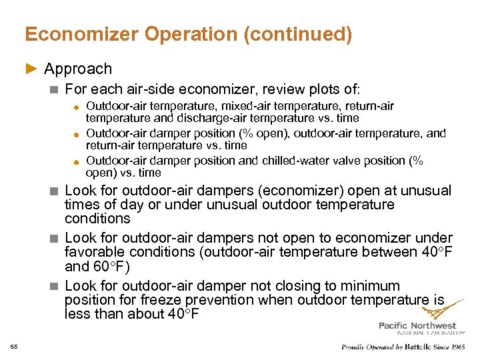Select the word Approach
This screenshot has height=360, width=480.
pyautogui.click(x=78, y=69)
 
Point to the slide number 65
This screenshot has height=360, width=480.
pyautogui.click(x=14, y=346)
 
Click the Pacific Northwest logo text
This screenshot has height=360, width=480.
pyautogui.click(x=417, y=325)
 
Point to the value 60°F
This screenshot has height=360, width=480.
pyautogui.click(x=109, y=267)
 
